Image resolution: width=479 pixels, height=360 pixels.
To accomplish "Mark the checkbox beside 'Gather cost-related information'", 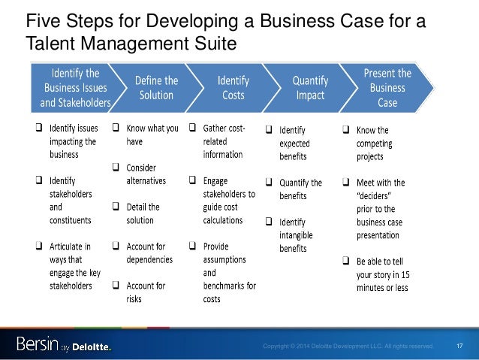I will [x=194, y=129].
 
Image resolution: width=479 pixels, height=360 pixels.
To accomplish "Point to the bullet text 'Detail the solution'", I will [x=144, y=213].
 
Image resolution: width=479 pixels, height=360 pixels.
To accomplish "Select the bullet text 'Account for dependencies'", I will [x=149, y=252].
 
